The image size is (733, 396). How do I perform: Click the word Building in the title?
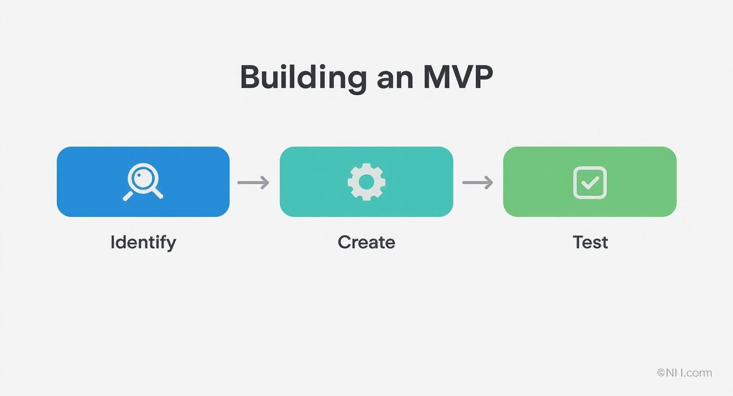tap(303, 78)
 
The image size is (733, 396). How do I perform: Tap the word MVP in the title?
tap(458, 77)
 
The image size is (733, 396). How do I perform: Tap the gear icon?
tap(366, 182)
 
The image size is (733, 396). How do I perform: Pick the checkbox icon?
tap(590, 182)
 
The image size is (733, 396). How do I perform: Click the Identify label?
tap(143, 242)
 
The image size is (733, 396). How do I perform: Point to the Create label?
tap(366, 242)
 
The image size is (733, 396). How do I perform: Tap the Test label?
tap(590, 242)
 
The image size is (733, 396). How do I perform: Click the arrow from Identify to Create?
tap(253, 183)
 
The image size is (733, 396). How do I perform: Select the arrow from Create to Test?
tap(478, 183)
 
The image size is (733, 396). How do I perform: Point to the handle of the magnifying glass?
tap(128, 196)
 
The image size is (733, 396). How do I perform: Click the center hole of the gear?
tap(366, 182)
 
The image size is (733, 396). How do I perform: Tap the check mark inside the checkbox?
tap(590, 183)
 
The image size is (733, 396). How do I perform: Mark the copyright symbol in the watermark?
tap(661, 373)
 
